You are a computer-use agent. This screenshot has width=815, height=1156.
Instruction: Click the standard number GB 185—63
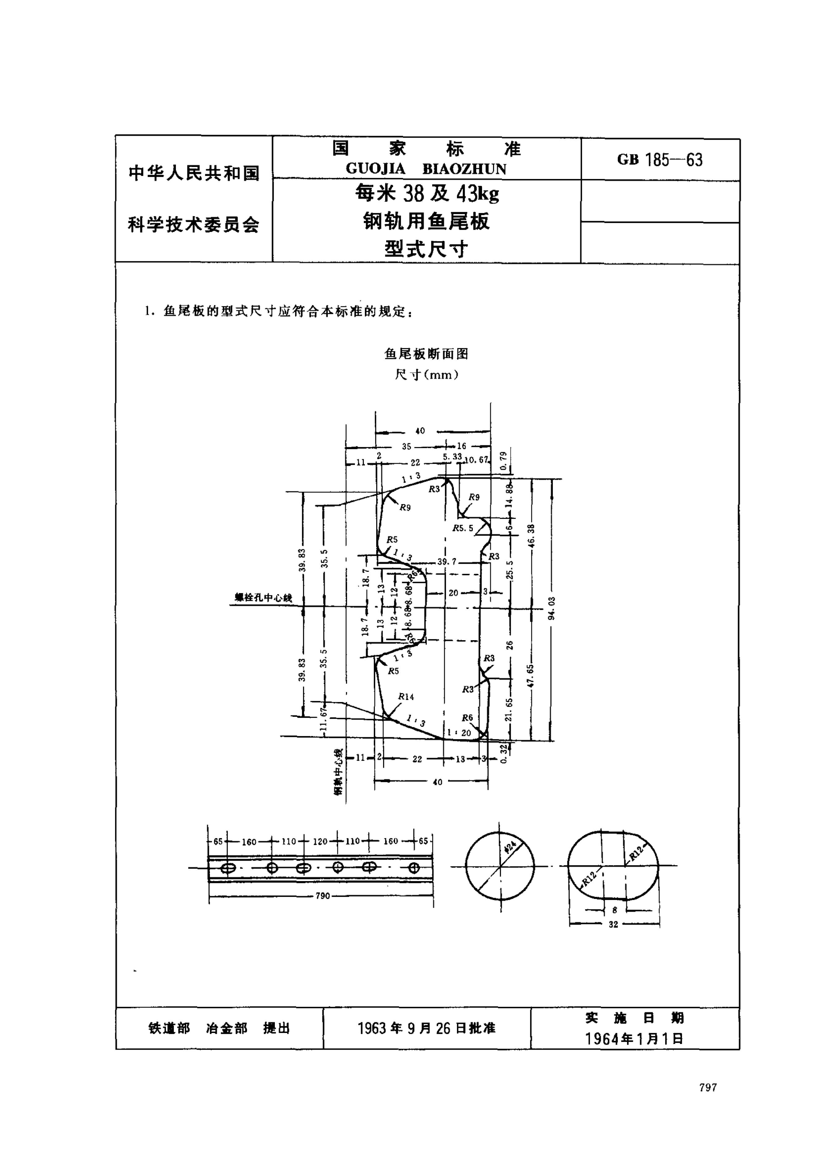659,160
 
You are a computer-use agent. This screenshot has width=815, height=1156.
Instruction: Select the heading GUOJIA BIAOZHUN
426,169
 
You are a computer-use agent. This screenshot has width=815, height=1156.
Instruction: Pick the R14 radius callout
406,697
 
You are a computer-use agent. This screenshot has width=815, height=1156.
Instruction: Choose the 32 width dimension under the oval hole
613,924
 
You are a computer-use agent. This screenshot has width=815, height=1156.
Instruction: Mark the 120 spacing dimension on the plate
320,841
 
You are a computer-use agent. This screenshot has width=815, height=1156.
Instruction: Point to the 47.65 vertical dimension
531,675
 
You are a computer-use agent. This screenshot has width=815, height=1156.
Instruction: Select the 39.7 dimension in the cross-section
446,561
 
